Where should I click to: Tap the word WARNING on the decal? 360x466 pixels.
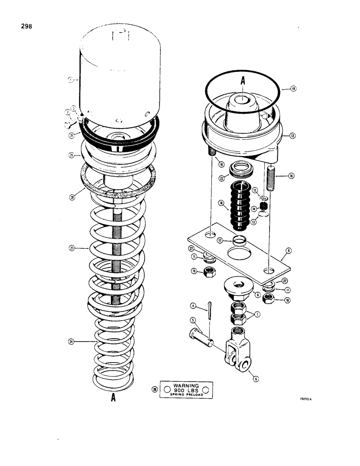point(186,386)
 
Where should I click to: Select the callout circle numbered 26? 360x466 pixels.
point(154,389)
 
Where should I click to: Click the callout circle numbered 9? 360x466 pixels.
point(289,251)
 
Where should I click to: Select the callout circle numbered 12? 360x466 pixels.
point(292,136)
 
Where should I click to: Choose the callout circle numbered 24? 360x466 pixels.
point(71,342)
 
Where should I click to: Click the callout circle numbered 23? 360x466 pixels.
point(72,249)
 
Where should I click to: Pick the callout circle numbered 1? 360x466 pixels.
point(70,80)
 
